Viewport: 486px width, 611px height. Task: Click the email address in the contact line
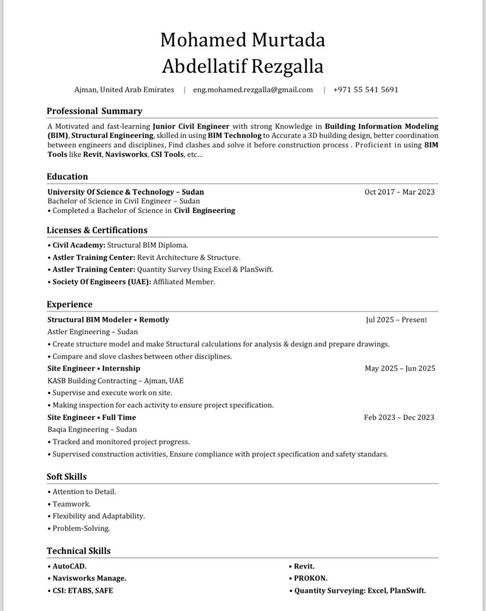tap(252, 90)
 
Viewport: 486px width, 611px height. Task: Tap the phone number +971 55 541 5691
tap(365, 90)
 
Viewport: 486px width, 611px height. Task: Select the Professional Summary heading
tap(94, 111)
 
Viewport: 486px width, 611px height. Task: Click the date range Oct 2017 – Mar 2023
tap(399, 192)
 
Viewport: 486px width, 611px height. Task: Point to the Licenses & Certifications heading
tap(97, 230)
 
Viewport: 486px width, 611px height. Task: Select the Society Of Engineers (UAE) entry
tap(131, 282)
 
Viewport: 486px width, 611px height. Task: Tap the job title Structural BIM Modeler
tap(89, 320)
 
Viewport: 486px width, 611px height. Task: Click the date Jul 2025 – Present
tap(396, 320)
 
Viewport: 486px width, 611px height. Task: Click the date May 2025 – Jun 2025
tap(400, 368)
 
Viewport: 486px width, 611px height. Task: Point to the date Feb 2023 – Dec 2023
tap(399, 418)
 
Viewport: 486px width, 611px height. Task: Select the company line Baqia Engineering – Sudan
tap(92, 430)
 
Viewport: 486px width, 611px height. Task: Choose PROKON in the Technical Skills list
tap(310, 579)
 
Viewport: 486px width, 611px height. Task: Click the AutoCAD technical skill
tap(69, 566)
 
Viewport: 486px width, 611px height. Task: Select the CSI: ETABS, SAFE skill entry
tap(83, 591)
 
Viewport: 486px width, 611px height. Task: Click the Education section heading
tap(67, 177)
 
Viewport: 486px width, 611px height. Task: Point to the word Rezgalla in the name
tap(287, 66)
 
